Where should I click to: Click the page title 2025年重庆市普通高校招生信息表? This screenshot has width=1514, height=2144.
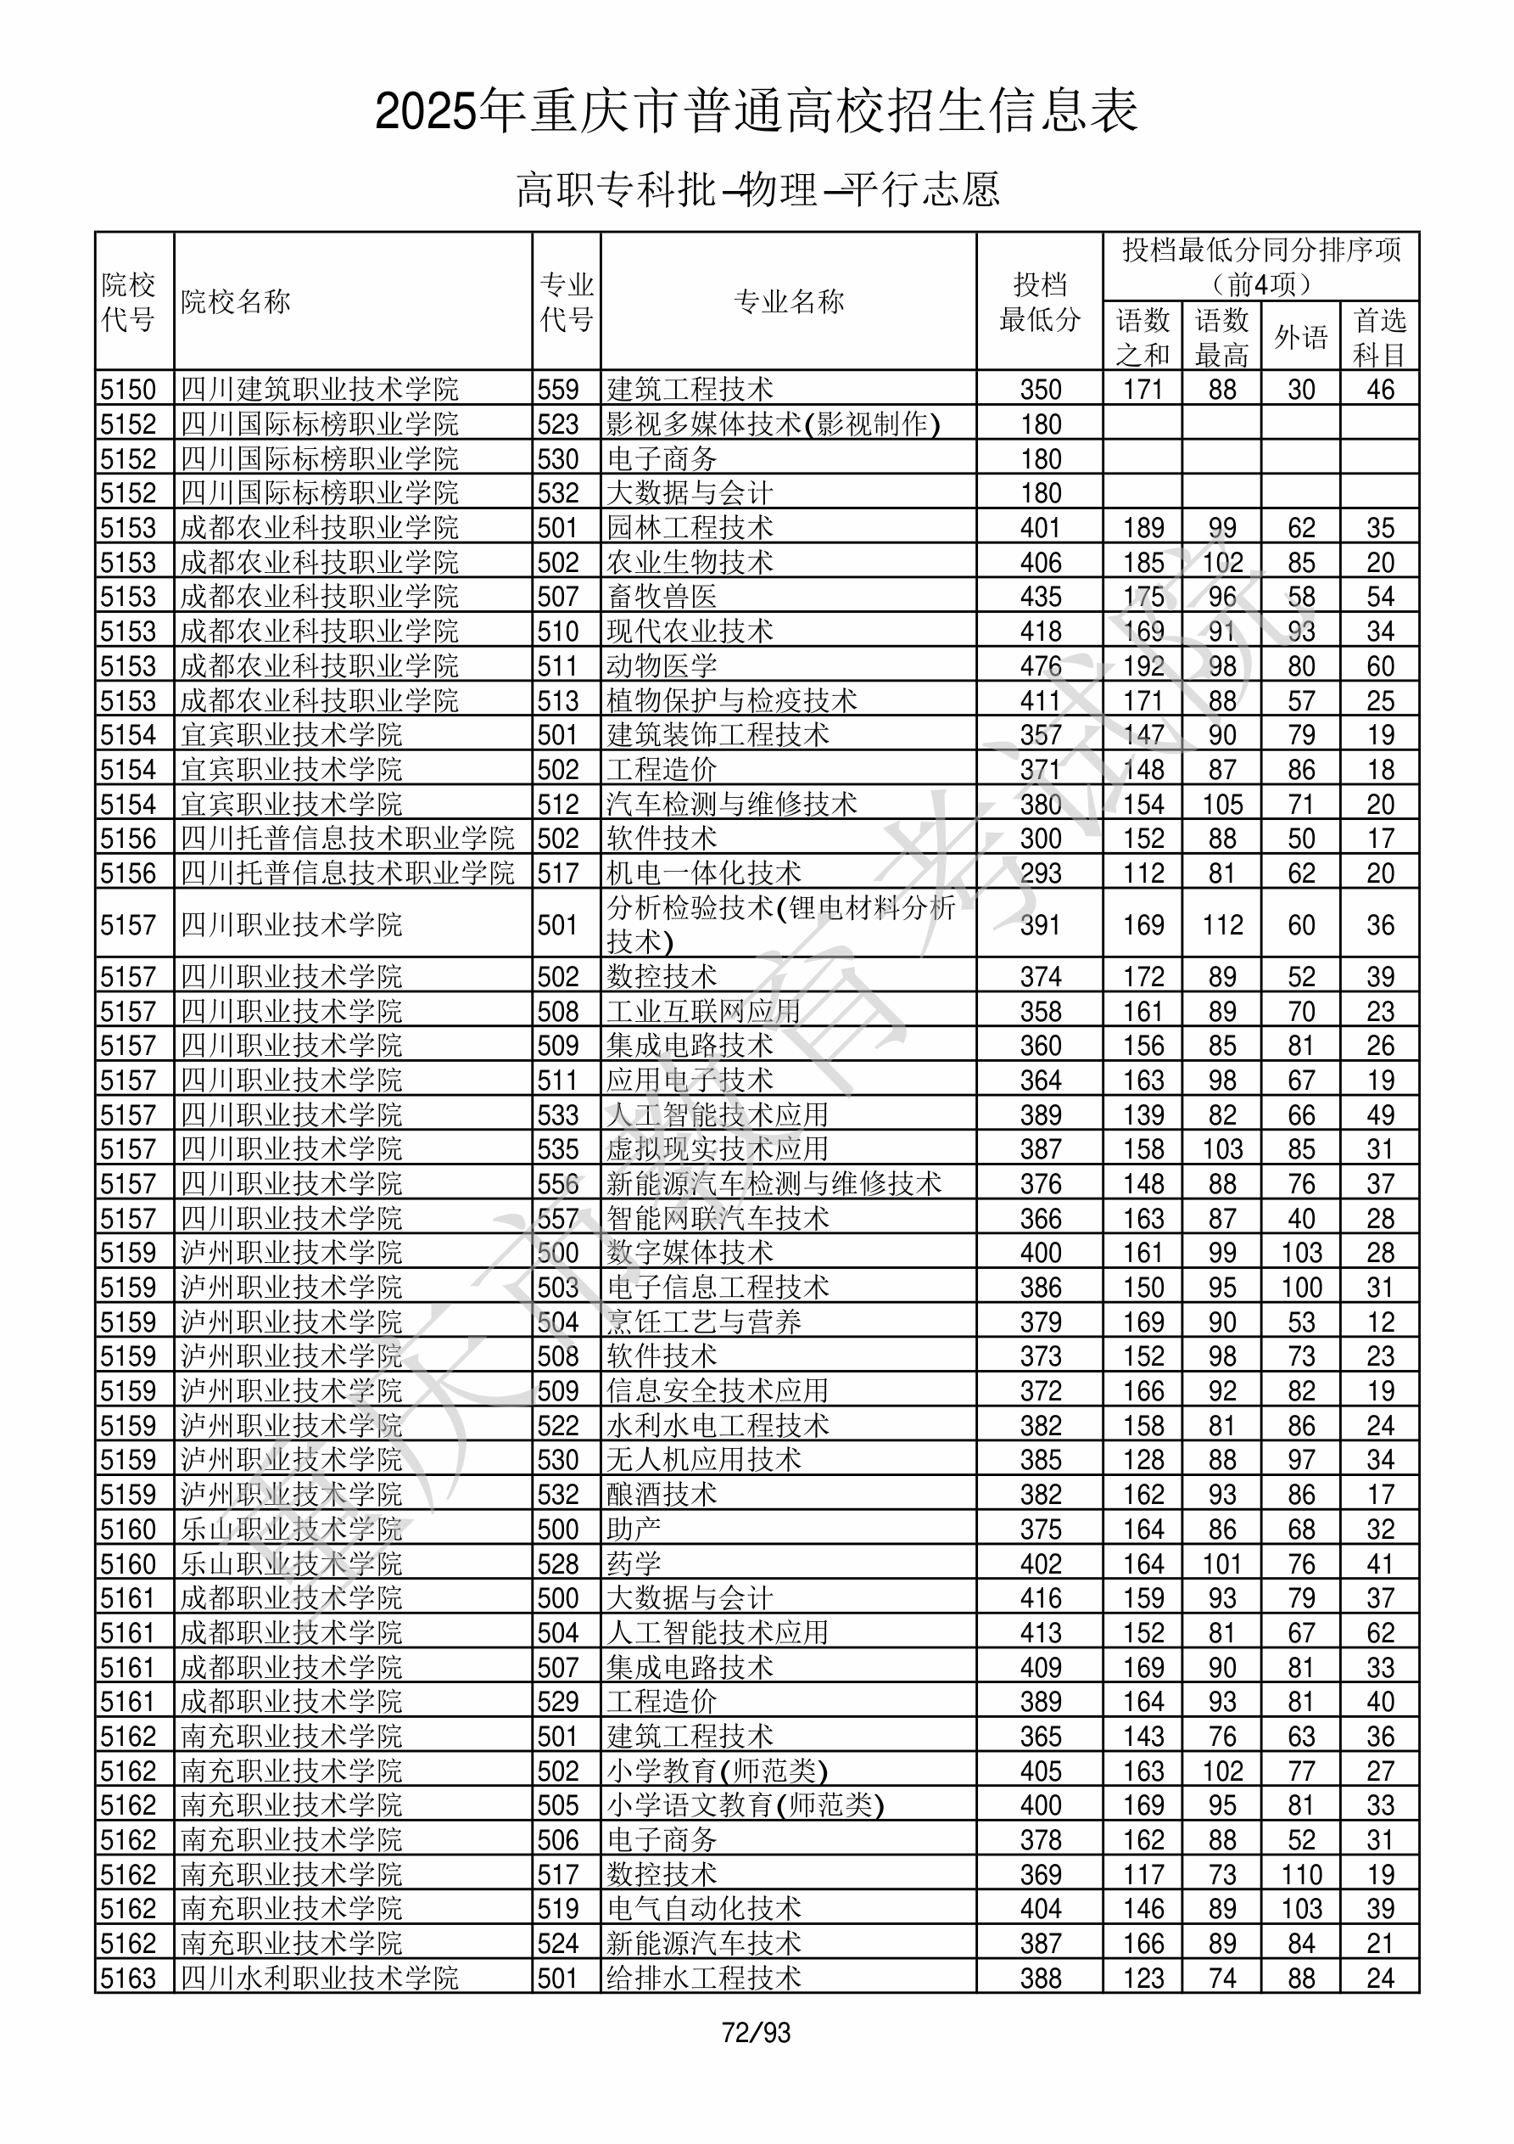(x=756, y=112)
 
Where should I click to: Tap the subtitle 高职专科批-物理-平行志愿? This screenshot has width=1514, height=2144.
(x=757, y=189)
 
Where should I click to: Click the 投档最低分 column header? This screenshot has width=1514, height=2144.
(x=1039, y=301)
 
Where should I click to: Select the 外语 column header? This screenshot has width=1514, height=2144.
(x=1300, y=336)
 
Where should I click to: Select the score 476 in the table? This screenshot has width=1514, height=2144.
(x=1040, y=665)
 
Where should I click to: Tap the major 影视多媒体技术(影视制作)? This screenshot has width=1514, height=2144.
(x=772, y=424)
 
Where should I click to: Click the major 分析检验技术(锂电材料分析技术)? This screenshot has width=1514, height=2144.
(x=780, y=923)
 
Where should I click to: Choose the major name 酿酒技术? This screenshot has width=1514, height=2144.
(x=661, y=1494)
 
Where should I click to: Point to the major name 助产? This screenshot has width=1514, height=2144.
(x=633, y=1529)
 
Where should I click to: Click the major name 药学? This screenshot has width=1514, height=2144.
(x=633, y=1563)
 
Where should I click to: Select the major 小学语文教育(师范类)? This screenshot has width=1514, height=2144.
(x=744, y=1805)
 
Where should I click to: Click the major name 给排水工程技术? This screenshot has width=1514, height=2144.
(x=703, y=1978)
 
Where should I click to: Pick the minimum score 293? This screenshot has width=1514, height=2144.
(x=1040, y=873)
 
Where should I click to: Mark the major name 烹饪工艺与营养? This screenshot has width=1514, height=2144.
(x=703, y=1322)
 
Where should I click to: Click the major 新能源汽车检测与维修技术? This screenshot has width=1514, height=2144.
(x=773, y=1183)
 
